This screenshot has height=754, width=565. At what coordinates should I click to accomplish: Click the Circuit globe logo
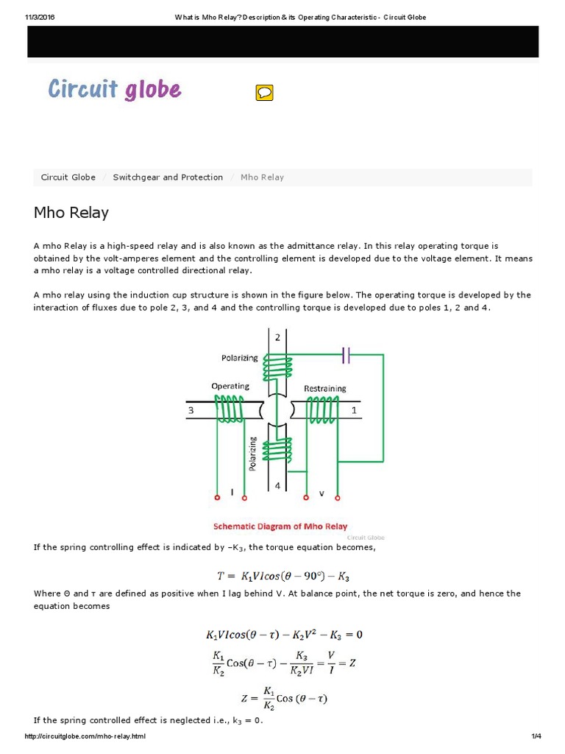click(114, 90)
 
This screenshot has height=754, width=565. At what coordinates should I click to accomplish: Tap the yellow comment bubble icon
click(264, 93)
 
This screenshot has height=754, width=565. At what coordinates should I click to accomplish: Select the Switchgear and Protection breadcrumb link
click(168, 177)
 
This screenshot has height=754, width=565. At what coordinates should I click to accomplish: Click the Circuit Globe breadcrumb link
click(68, 177)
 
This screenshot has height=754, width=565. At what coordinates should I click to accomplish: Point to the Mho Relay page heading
click(71, 213)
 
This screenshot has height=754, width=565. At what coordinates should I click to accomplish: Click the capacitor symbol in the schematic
click(347, 356)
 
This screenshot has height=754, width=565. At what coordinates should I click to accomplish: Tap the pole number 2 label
click(277, 337)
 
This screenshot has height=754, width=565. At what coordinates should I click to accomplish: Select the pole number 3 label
click(191, 411)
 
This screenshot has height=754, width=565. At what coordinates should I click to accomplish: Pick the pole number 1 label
click(354, 411)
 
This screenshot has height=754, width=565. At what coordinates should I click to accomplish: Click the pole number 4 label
click(277, 486)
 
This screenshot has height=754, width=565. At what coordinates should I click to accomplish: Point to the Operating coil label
click(230, 386)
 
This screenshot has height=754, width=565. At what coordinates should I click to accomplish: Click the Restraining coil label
click(324, 388)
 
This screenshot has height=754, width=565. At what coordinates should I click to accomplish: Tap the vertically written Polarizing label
click(252, 454)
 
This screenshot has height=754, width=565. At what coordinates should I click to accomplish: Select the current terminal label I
click(232, 493)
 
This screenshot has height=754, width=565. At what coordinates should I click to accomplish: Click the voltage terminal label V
click(321, 493)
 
